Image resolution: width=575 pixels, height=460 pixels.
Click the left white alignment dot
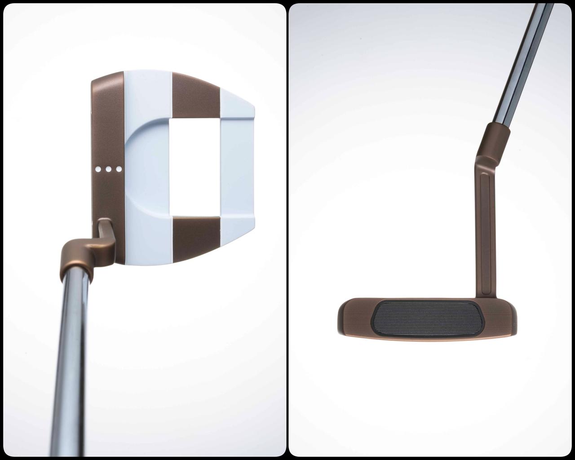98,169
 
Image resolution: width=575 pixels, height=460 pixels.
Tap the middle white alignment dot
108,169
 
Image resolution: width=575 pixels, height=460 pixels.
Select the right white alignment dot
119,169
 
